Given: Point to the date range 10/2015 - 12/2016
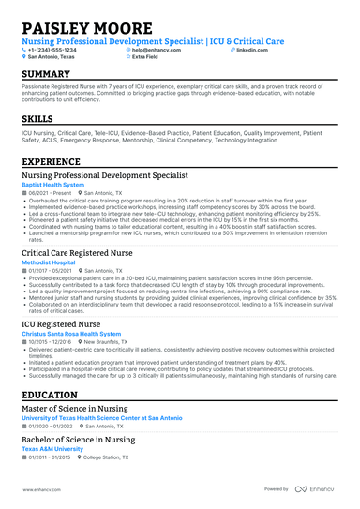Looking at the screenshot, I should point(52,341).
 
